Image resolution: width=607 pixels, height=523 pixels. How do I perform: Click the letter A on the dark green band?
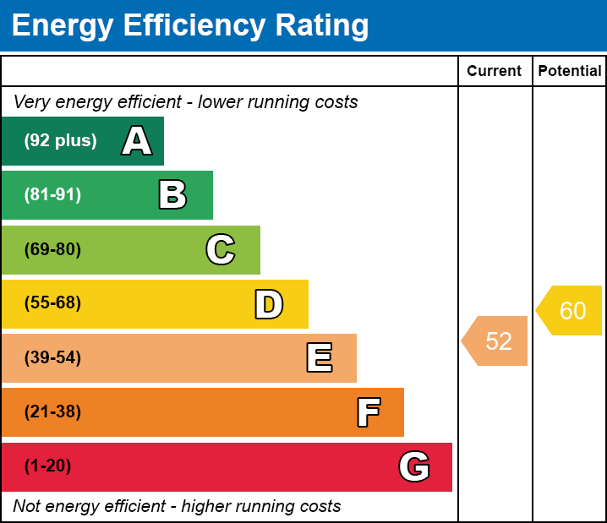pyautogui.click(x=137, y=141)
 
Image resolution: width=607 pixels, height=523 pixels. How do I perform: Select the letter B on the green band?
pyautogui.click(x=172, y=195)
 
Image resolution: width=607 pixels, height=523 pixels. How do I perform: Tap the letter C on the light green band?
pyautogui.click(x=221, y=249)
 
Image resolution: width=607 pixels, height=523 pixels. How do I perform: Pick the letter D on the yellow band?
pyautogui.click(x=269, y=304)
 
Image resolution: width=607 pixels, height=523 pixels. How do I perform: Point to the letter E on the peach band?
pyautogui.click(x=319, y=358)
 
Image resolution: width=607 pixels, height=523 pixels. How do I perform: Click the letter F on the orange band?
pyautogui.click(x=368, y=412)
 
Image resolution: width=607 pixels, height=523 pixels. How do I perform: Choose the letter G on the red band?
pyautogui.click(x=414, y=466)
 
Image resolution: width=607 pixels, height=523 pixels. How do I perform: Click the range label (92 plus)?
pyautogui.click(x=60, y=141)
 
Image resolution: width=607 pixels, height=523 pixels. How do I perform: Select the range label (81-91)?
pyautogui.click(x=52, y=195)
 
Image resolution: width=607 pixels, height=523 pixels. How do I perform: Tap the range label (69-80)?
pyautogui.click(x=52, y=249)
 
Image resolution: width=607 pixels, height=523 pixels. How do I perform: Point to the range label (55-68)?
pyautogui.click(x=52, y=303)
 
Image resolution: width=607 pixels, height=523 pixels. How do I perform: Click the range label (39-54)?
pyautogui.click(x=52, y=358)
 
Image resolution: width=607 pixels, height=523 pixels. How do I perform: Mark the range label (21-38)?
pyautogui.click(x=52, y=412)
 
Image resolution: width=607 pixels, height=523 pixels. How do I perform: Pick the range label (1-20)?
pyautogui.click(x=48, y=466)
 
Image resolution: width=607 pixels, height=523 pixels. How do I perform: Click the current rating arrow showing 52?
pyautogui.click(x=496, y=341)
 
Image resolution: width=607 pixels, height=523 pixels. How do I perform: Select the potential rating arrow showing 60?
pyautogui.click(x=571, y=311)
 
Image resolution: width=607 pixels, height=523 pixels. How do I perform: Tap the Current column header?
pyautogui.click(x=495, y=72)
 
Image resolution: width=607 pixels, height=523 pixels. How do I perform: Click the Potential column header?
pyautogui.click(x=570, y=72)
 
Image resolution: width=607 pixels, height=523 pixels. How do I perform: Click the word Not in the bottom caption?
pyautogui.click(x=28, y=507)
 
